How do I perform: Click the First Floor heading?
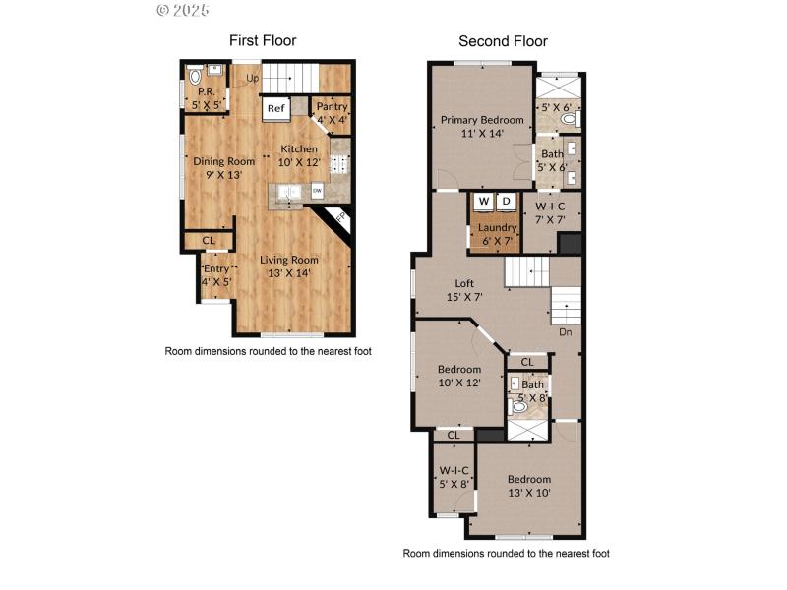(x=263, y=40)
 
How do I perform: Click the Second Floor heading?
(x=503, y=41)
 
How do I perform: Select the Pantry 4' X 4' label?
(x=332, y=113)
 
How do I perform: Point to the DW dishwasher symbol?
(x=317, y=191)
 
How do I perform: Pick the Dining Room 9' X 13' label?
(x=223, y=167)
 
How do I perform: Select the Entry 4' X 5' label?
(x=215, y=274)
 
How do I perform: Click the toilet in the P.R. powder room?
(x=195, y=75)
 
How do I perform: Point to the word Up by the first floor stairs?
(x=253, y=78)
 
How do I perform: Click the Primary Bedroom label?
(x=481, y=126)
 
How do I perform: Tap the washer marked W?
(x=483, y=202)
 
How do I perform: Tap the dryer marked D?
(x=507, y=202)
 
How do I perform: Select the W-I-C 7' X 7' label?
(x=550, y=212)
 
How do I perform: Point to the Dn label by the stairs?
(x=565, y=331)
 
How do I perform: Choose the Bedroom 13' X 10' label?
(x=529, y=485)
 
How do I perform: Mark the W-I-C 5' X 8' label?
(x=453, y=476)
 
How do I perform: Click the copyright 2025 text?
(x=183, y=10)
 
